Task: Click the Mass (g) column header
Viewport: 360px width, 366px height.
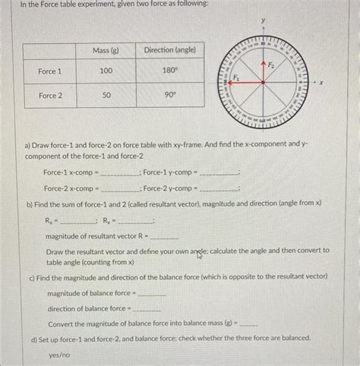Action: [106, 50]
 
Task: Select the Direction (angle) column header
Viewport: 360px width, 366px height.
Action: [170, 50]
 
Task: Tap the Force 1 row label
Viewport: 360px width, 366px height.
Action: [51, 71]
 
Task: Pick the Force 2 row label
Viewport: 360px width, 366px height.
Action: [51, 96]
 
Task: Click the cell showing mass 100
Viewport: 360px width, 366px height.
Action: [106, 71]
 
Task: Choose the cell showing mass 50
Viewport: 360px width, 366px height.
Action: [106, 96]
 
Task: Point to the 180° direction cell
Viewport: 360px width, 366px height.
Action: [170, 71]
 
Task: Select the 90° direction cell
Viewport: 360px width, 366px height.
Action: [170, 96]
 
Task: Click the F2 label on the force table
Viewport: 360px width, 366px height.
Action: [273, 67]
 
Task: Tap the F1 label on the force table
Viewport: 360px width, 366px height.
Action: [236, 77]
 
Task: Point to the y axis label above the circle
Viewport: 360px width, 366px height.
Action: [264, 17]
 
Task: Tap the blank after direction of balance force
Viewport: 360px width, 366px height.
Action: [147, 310]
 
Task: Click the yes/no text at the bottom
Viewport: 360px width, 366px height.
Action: [59, 355]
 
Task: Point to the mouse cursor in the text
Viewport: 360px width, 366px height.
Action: [201, 256]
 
